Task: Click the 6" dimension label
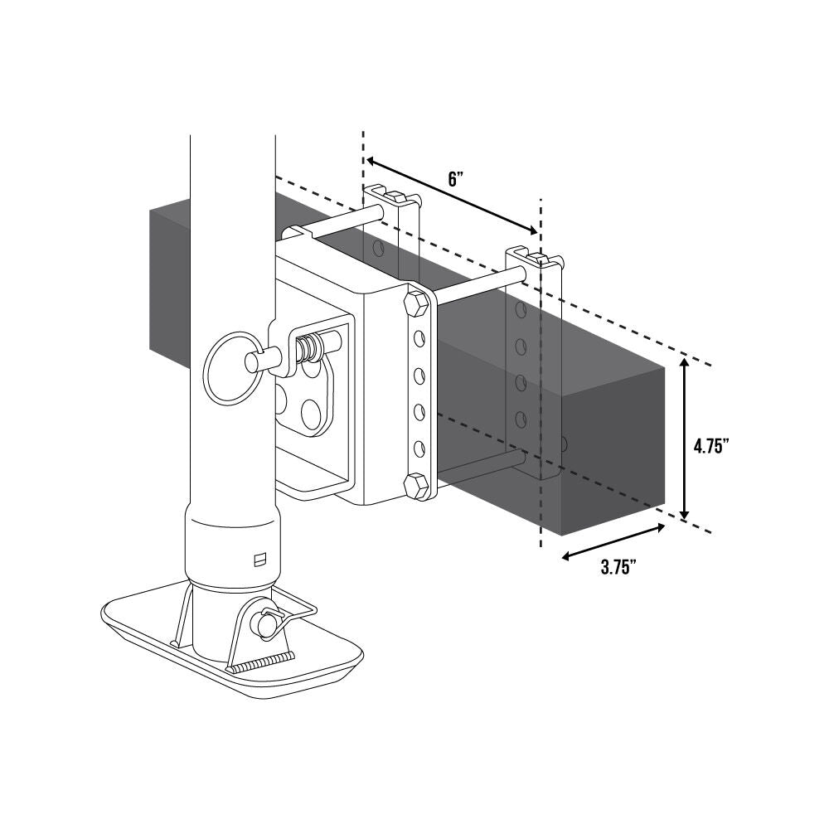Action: click(453, 179)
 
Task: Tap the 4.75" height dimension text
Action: click(710, 446)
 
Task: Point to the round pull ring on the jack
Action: click(229, 370)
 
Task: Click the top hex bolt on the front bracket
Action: click(415, 304)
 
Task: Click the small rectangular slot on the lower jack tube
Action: click(259, 560)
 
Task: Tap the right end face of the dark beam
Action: click(613, 448)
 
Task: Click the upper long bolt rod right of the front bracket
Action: click(473, 289)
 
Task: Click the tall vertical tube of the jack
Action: click(232, 249)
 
